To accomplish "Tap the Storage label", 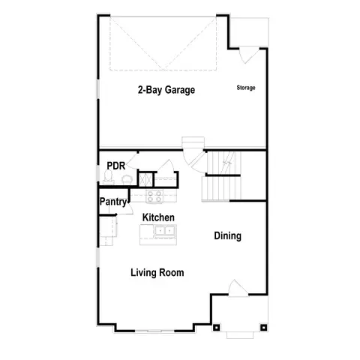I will pyautogui.click(x=246, y=88).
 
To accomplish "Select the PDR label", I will pyautogui.click(x=115, y=166).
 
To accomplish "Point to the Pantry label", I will pyautogui.click(x=113, y=201).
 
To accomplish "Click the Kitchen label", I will pyautogui.click(x=158, y=217).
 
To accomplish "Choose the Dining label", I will pyautogui.click(x=227, y=236).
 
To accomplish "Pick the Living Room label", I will pyautogui.click(x=157, y=272).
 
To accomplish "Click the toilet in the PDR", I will pyautogui.click(x=109, y=178).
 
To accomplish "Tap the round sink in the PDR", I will pyautogui.click(x=125, y=179).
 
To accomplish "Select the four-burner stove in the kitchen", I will pyautogui.click(x=154, y=197).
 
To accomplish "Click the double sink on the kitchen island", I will pyautogui.click(x=160, y=232).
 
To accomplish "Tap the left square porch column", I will pyautogui.click(x=217, y=327).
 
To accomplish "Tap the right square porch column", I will pyautogui.click(x=263, y=327).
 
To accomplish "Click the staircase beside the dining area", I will pyautogui.click(x=221, y=176).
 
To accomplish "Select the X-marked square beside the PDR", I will pyautogui.click(x=145, y=180).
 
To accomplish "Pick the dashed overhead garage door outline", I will pyautogui.click(x=164, y=41).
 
